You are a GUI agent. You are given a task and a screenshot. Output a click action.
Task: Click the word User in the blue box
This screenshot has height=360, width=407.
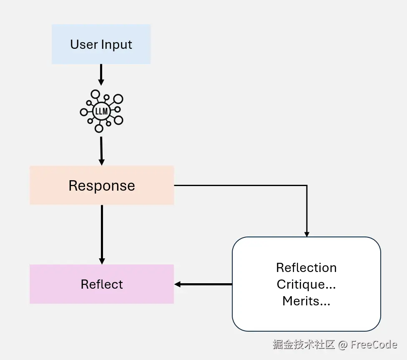point(83,44)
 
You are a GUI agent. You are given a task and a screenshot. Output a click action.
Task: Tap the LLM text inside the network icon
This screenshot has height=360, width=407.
point(101,112)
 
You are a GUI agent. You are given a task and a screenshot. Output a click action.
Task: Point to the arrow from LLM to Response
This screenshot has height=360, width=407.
point(101,150)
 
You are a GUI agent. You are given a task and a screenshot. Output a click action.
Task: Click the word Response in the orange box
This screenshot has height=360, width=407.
point(102,186)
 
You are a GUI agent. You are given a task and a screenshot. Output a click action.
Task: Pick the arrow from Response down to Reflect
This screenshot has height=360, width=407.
point(102,234)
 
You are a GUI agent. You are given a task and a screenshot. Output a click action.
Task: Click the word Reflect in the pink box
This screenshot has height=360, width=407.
point(102,284)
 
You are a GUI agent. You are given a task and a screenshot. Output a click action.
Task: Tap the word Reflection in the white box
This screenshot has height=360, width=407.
point(306,267)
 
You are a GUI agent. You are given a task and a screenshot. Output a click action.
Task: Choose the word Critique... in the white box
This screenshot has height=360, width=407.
point(306,284)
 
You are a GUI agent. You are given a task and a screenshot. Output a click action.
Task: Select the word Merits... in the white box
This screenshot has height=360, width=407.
point(306,301)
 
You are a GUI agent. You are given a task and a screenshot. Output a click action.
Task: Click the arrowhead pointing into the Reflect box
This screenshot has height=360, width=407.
point(178,284)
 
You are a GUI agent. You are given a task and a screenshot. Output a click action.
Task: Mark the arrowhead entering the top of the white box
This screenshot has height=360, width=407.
point(307,234)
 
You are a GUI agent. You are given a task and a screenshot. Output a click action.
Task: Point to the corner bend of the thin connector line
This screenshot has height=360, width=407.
point(307,185)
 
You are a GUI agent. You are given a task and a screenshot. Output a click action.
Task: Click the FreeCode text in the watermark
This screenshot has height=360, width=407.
point(374,345)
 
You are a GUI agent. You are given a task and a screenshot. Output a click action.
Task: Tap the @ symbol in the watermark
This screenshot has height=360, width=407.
point(343,345)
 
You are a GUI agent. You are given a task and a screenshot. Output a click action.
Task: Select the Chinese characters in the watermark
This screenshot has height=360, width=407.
point(304,345)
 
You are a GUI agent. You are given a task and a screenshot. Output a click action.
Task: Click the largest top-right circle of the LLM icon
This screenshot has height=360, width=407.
point(118,99)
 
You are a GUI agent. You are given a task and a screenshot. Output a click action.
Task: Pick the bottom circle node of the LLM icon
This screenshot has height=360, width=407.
point(99,128)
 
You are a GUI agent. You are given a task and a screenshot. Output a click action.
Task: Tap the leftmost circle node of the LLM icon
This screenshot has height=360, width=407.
point(84,112)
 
